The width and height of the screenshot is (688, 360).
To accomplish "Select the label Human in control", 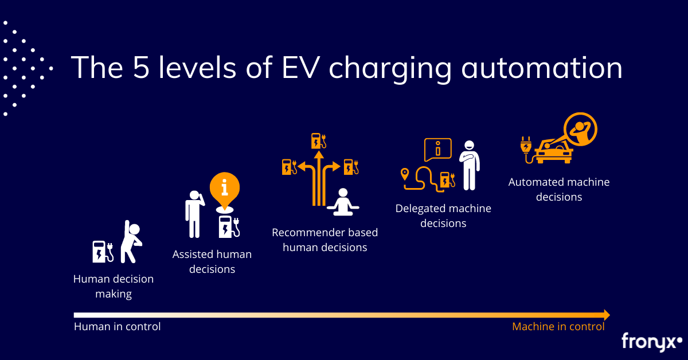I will click(117, 327).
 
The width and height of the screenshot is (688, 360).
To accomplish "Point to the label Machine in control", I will click(558, 327).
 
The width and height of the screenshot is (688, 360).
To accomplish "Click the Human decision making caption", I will click(114, 287).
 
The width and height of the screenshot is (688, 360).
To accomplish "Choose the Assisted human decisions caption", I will click(212, 261).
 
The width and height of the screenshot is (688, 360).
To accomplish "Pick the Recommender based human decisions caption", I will click(325, 240).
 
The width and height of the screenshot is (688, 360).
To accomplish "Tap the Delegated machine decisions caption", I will click(443, 216).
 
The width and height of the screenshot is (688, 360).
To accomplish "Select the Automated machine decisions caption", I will click(559, 189).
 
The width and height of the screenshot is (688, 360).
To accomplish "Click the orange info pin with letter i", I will click(224, 188).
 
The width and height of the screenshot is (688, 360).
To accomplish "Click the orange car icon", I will click(553, 151).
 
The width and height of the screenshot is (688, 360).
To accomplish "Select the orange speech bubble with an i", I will click(437, 150).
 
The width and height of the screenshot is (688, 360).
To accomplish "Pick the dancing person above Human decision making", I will click(132, 241).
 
